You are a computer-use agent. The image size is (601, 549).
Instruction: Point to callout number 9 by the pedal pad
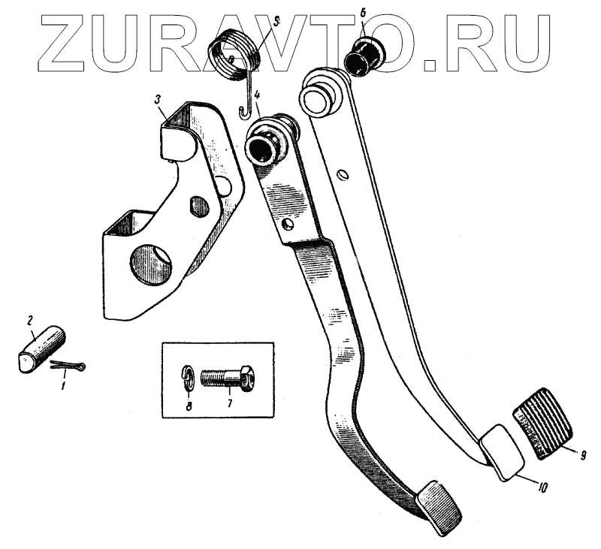point(584,454)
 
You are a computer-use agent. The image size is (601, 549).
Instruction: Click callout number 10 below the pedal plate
point(543,486)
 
